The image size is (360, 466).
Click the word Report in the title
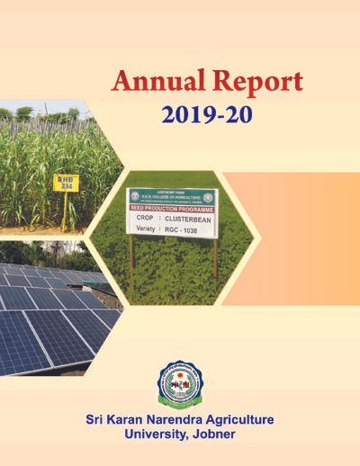(x=254, y=83)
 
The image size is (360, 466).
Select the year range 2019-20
(x=207, y=114)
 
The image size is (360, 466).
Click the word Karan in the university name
(x=138, y=420)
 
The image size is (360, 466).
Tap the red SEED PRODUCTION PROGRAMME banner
(x=172, y=207)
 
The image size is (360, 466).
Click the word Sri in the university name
(x=99, y=420)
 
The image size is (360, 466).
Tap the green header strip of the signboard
(x=171, y=195)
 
